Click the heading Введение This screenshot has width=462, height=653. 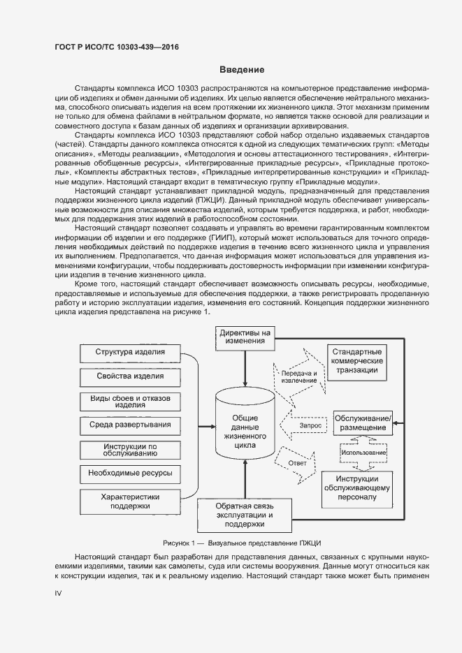[x=241, y=70]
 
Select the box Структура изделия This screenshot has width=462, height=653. [x=130, y=351]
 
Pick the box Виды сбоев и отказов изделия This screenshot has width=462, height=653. [x=130, y=401]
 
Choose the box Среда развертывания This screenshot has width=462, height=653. [x=130, y=425]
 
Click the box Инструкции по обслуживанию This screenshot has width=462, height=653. [x=130, y=449]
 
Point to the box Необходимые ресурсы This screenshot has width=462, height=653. [x=130, y=473]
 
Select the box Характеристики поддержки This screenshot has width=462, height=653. [x=130, y=501]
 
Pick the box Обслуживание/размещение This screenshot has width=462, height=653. [x=363, y=422]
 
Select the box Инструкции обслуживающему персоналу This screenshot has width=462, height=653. [x=356, y=488]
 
